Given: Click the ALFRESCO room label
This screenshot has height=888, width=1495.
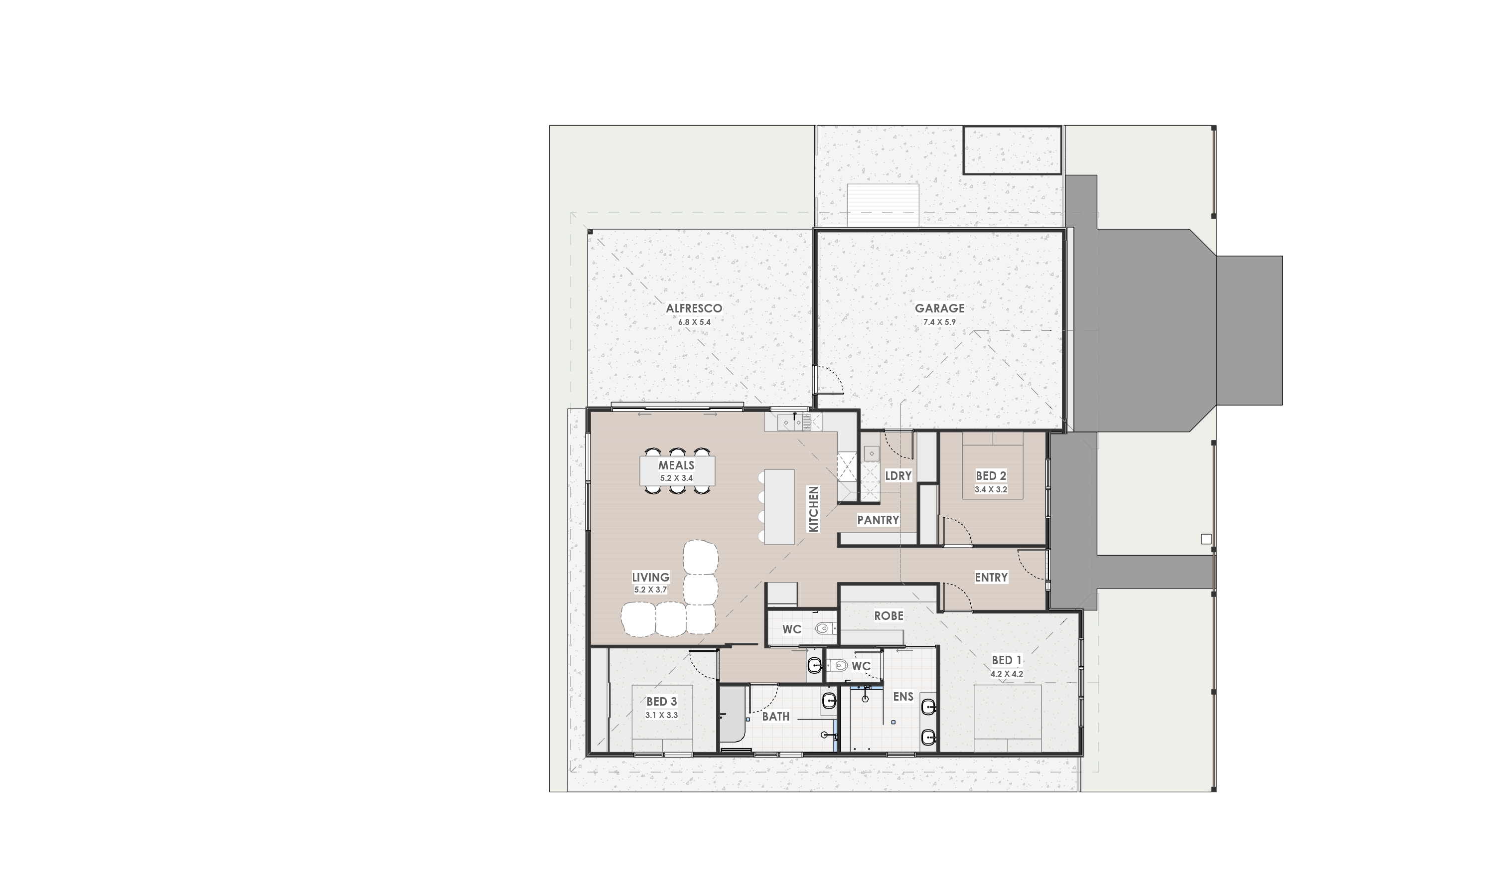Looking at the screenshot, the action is click(694, 308).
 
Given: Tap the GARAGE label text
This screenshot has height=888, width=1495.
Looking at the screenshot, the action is click(939, 308).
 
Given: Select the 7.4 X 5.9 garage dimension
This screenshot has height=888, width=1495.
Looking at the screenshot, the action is click(939, 322).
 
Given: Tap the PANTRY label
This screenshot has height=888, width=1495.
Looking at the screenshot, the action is click(878, 520).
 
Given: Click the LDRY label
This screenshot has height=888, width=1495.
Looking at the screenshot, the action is click(898, 476).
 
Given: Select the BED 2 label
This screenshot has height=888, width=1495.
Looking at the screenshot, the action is click(991, 476).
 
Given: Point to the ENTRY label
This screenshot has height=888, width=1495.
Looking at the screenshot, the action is click(991, 578).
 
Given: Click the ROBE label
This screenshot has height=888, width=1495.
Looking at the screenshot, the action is click(889, 616).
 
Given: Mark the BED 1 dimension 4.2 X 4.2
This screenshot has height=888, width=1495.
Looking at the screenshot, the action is click(1006, 674).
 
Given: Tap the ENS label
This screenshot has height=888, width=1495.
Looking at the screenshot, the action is click(903, 697).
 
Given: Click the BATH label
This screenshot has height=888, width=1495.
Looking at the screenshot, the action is click(775, 716).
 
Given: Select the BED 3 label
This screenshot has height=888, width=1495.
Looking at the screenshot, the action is click(661, 701).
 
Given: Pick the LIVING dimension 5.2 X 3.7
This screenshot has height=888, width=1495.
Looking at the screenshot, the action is click(650, 590).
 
